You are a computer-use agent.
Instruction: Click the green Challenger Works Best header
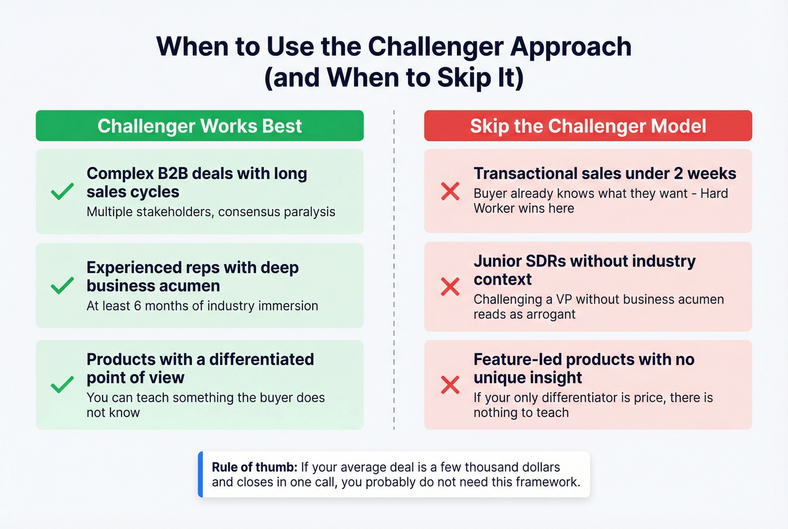click(x=200, y=126)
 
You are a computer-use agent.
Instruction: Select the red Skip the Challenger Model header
click(x=588, y=126)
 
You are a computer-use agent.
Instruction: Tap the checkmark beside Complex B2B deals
click(x=62, y=192)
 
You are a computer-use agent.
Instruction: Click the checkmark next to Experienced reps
click(x=62, y=286)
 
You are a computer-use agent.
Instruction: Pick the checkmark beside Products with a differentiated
click(x=62, y=384)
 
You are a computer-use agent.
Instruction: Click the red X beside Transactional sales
click(x=450, y=191)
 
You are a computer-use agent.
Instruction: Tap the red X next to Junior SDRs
click(x=450, y=286)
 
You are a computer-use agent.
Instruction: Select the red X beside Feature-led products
click(x=450, y=385)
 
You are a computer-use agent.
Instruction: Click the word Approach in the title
click(x=571, y=46)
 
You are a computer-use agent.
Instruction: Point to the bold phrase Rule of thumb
click(x=254, y=467)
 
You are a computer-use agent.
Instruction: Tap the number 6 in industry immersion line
click(x=137, y=306)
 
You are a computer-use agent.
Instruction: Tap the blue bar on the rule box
click(x=200, y=474)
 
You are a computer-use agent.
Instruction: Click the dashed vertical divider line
click(x=394, y=270)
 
